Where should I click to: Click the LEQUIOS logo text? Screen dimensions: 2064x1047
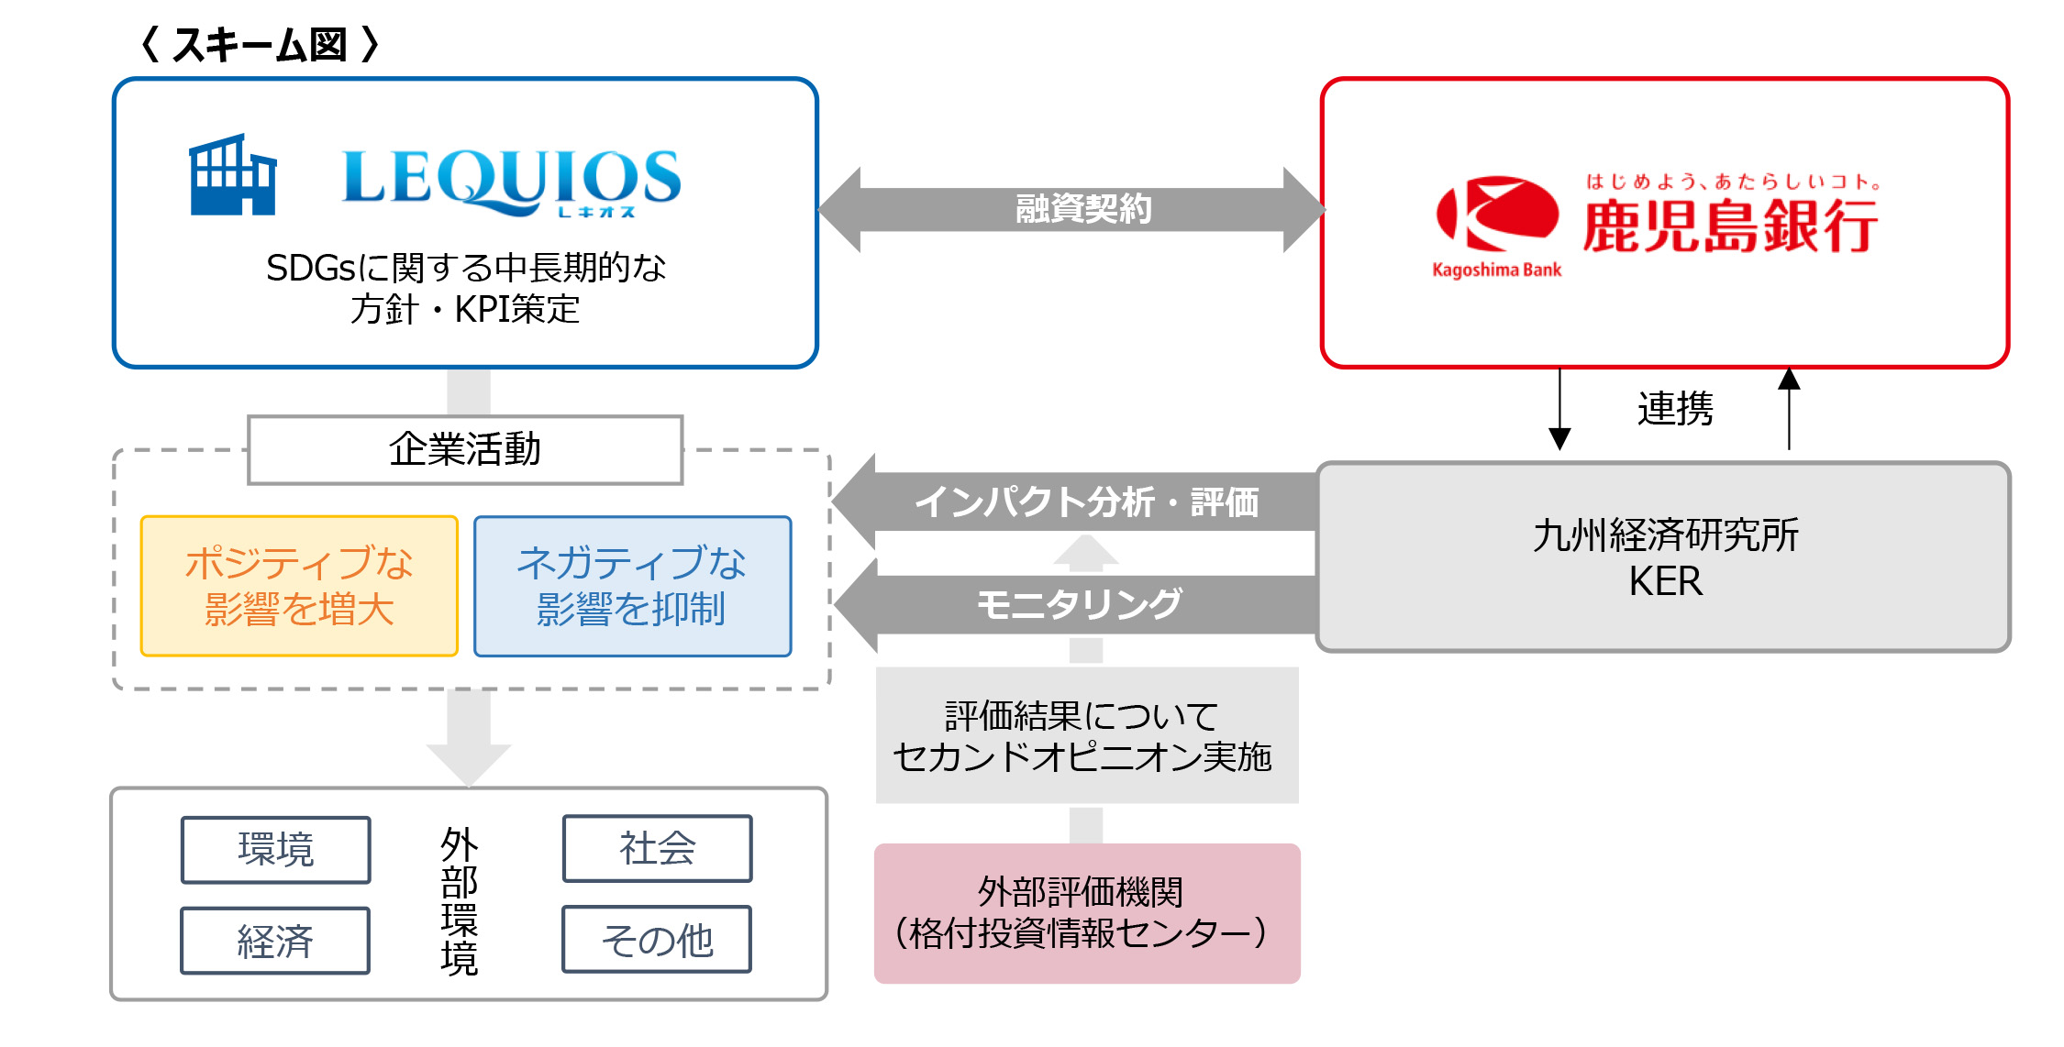pos(512,182)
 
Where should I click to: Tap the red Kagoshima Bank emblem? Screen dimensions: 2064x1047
pos(1497,213)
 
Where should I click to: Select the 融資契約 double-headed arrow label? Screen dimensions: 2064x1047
pos(1083,209)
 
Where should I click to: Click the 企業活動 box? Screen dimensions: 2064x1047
pos(465,449)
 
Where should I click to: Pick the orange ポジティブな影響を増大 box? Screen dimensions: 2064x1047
pos(299,586)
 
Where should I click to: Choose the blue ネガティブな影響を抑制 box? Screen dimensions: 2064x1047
pos(633,586)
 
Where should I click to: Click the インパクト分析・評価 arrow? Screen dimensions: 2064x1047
pos(1073,501)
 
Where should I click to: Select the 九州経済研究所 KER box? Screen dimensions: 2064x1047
pos(1663,557)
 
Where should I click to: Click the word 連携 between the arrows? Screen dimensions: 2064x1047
pos(1675,409)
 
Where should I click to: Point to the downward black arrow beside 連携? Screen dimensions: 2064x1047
pos(1559,409)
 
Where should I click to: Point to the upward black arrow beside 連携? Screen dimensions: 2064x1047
pos(1789,409)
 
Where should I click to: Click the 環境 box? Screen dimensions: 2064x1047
pos(276,850)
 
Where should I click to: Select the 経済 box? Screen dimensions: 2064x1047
pos(275,941)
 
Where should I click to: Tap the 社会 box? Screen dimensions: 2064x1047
pos(658,848)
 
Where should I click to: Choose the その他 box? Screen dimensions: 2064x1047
pos(657,940)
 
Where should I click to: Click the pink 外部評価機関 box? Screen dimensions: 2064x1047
pos(1087,913)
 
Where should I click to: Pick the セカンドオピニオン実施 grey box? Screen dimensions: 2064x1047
pos(1087,735)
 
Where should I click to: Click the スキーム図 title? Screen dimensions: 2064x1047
pos(260,44)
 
